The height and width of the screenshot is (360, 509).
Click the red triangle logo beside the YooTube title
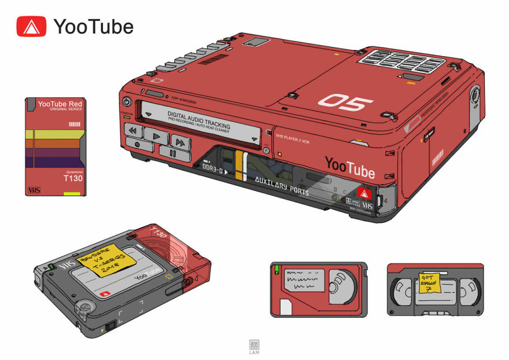click(31, 26)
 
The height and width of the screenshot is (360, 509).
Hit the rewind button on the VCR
click(133, 131)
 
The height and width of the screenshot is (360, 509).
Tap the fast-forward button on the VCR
click(180, 142)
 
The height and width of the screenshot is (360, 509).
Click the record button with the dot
click(137, 145)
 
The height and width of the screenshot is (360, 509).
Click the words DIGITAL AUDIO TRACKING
click(198, 119)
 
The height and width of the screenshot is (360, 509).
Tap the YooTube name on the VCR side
click(349, 168)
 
